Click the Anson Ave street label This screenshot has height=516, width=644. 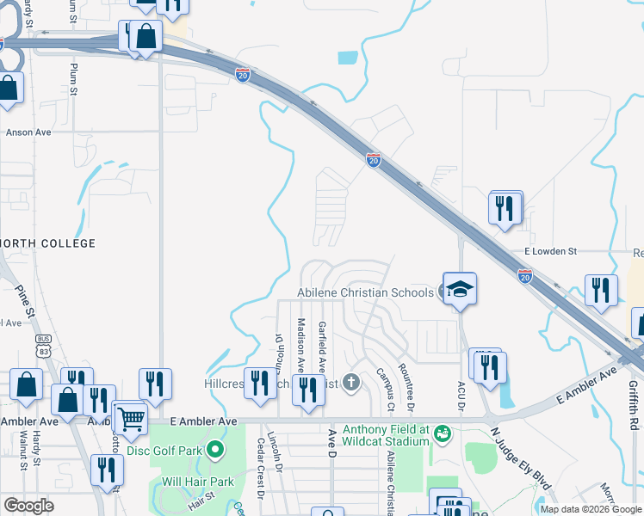(28, 132)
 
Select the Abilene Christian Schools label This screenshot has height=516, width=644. (365, 292)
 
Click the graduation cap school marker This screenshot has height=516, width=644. (460, 289)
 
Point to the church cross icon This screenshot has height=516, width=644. (350, 381)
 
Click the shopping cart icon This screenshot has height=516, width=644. (130, 419)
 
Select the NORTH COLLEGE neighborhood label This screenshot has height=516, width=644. (47, 243)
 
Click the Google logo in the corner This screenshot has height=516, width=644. (28, 505)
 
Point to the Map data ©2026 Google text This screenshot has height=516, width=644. (590, 509)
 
